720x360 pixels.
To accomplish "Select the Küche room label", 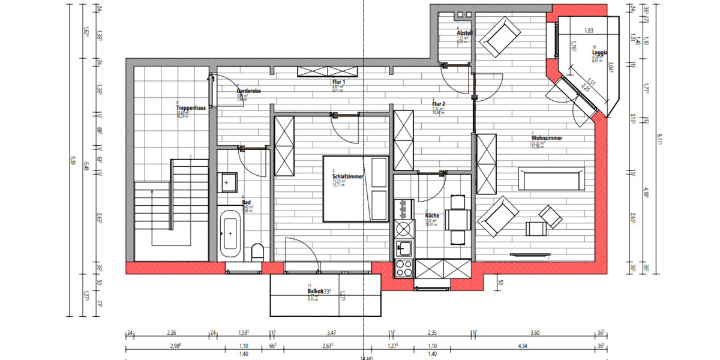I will tap(433, 215).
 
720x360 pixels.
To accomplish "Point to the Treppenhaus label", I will tap(191, 108).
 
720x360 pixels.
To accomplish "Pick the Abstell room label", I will tap(465, 33).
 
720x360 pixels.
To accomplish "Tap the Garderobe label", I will tap(248, 91).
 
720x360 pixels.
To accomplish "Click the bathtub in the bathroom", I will tap(231, 233).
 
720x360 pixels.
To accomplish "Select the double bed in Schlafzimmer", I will tap(356, 188).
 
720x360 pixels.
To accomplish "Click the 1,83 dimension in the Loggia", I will tap(589, 31).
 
